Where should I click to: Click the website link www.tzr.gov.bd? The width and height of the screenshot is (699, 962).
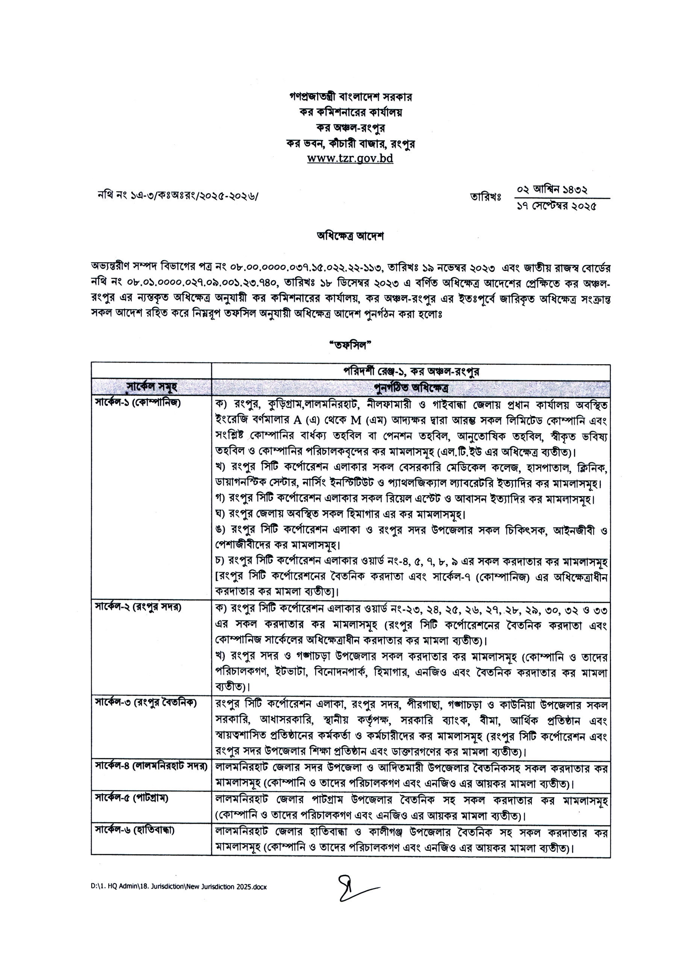coord(350,159)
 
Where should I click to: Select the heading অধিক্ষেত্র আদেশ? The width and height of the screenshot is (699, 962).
coord(350,236)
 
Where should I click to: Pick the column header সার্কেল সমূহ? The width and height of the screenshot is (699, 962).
coord(151,387)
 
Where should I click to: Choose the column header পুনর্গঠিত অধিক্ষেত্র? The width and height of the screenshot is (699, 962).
coord(411,388)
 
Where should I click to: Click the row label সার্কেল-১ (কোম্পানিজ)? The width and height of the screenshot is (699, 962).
coord(138,403)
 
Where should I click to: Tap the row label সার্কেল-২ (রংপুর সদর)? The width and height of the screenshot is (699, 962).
coord(138,607)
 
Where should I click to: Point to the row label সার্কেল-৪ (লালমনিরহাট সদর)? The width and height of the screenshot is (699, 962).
coord(151,767)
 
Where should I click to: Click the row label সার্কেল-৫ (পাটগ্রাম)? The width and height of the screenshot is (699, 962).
coord(132,798)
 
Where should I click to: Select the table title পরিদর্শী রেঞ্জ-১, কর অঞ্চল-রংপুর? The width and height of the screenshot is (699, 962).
coord(411,371)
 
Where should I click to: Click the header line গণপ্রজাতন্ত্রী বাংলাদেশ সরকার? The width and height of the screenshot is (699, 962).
coord(350,97)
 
